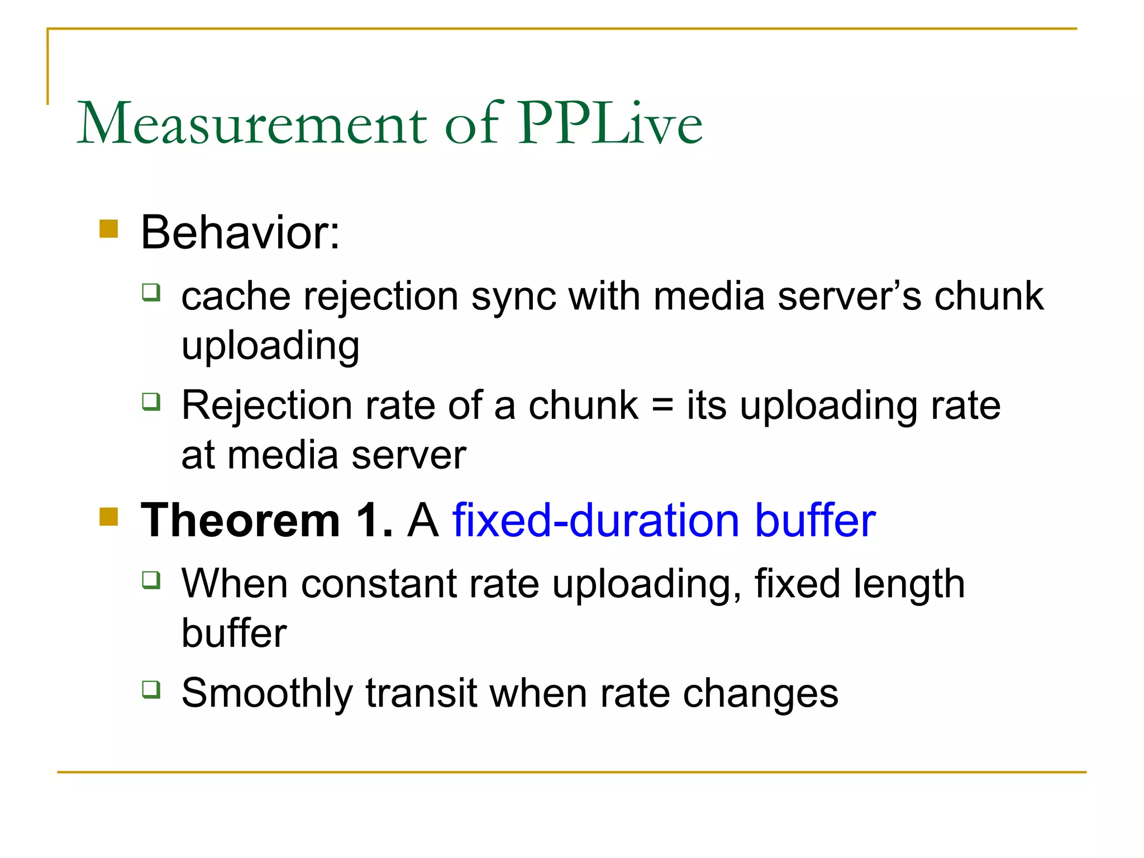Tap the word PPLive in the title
point(610,124)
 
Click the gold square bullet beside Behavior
point(109,229)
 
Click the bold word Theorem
point(241,521)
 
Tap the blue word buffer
point(815,521)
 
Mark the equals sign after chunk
point(662,405)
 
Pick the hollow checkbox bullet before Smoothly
point(151,689)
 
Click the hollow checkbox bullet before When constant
point(151,580)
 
